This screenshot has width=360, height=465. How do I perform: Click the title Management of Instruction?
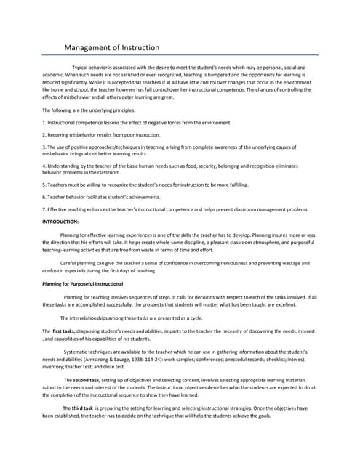pos(111,48)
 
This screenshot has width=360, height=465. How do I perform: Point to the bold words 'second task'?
pos(85,380)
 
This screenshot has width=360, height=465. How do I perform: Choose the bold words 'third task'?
pos(82,408)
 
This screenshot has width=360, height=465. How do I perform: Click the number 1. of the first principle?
pos(44,122)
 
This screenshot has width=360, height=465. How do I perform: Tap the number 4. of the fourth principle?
pos(44,166)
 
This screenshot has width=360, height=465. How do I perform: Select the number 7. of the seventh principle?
pos(44,209)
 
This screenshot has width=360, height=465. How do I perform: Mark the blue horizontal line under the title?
pos(180,55)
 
